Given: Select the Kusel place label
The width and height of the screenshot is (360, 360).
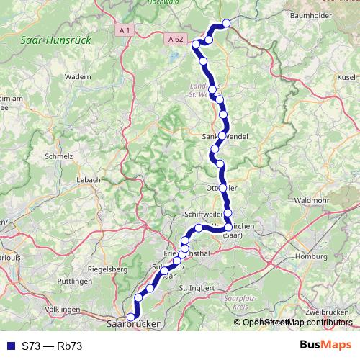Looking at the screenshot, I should (x=346, y=76).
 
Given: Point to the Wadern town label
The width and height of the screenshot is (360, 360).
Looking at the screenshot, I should (x=78, y=76).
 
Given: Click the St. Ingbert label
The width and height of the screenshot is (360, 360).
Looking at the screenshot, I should (x=192, y=289).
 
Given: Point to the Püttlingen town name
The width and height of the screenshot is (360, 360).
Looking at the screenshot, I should (x=73, y=280).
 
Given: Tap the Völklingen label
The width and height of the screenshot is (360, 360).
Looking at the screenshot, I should (x=62, y=309).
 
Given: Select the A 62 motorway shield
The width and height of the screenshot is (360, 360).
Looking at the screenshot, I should (x=175, y=38).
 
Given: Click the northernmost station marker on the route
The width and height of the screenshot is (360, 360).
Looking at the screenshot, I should (x=226, y=23).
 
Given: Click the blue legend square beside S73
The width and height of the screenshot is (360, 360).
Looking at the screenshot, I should (x=9, y=346).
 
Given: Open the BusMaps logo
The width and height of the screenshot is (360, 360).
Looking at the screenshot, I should (x=325, y=346).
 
